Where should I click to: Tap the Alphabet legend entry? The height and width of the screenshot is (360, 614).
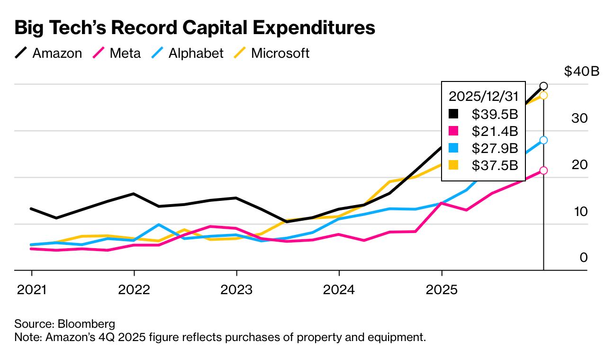point(188,53)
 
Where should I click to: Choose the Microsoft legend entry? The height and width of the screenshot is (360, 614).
point(272,53)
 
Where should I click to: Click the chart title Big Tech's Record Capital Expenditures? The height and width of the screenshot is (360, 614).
point(195,28)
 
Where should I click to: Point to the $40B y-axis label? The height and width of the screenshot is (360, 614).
point(582,72)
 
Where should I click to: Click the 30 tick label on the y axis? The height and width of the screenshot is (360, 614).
point(579,118)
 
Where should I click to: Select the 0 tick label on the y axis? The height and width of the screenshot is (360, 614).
point(583,258)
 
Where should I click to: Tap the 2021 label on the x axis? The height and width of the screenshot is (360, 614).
point(32,289)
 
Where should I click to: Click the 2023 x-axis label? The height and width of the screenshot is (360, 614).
point(236,289)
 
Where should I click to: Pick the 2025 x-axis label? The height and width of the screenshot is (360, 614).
point(442,289)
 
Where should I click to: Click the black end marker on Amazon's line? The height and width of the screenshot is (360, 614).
point(543,86)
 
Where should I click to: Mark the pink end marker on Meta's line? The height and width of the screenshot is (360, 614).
point(543,171)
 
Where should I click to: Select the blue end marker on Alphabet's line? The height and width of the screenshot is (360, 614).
point(543,140)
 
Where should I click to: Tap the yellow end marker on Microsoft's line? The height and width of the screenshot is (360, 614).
point(543,95)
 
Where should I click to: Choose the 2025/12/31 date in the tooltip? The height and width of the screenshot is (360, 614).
point(483,96)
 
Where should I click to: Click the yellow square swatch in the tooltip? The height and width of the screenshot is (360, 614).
point(454,165)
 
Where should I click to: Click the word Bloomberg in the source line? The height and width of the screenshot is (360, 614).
point(86,324)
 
